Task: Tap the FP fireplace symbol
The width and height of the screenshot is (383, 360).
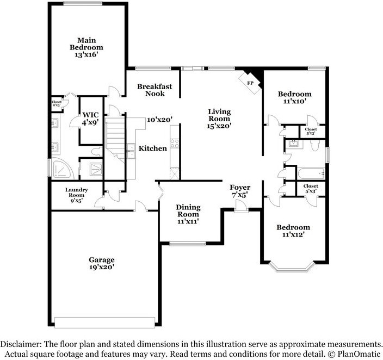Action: point(250,83)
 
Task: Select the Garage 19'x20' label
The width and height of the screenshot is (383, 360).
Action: point(102,263)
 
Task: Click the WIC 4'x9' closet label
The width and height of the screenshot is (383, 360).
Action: point(90,119)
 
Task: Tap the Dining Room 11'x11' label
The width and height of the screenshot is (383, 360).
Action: point(188,214)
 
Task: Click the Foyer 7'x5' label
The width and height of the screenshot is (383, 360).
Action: point(239,191)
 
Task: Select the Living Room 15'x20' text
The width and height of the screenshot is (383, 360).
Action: point(219,119)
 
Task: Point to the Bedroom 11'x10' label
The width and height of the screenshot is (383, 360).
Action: point(294,97)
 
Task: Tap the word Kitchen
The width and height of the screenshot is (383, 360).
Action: point(152,148)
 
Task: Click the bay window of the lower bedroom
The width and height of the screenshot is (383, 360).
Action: point(293,267)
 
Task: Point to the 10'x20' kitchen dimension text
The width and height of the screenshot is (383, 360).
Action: point(159,120)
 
